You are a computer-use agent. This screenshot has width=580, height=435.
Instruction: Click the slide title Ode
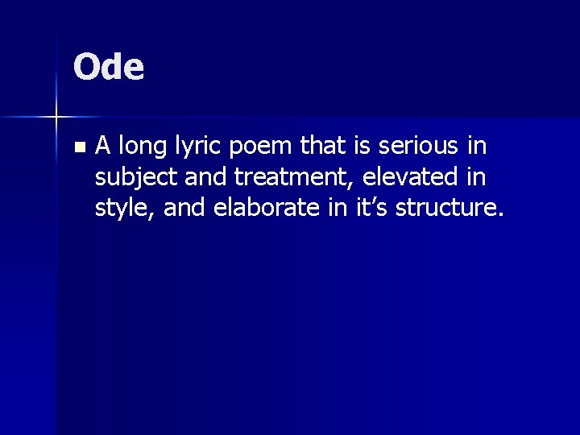tap(109, 68)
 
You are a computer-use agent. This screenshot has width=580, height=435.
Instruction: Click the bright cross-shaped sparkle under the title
tap(56, 118)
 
